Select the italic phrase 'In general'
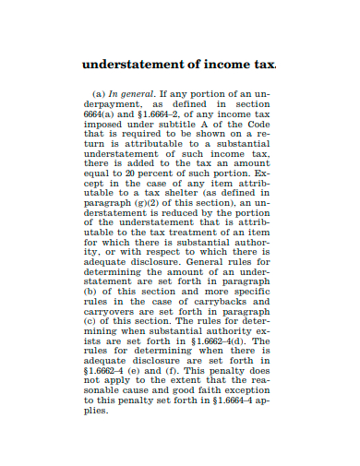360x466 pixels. [129, 94]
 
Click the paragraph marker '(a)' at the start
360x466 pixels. [99, 94]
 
